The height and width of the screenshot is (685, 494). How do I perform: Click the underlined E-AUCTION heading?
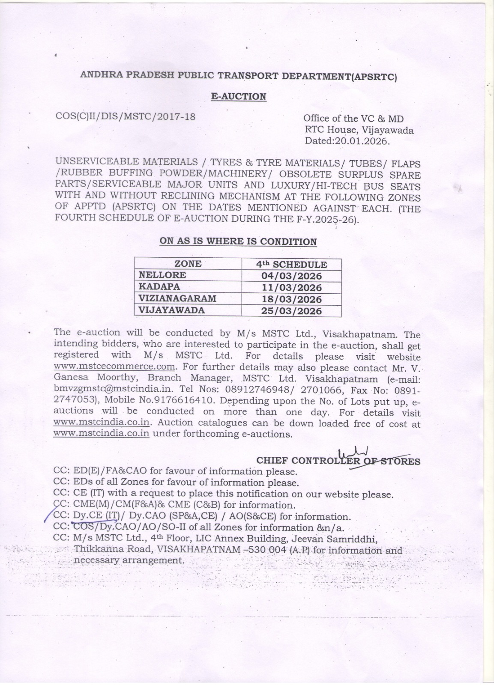click(239, 97)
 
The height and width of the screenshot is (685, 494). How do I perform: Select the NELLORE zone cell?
click(162, 275)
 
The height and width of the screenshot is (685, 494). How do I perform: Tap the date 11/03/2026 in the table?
click(291, 287)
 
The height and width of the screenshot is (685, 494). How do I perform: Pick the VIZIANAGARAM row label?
click(177, 298)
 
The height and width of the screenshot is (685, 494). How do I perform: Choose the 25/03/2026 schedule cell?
click(291, 311)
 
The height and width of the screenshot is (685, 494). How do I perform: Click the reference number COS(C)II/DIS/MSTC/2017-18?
click(126, 116)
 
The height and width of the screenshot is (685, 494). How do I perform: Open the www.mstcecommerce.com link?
click(115, 367)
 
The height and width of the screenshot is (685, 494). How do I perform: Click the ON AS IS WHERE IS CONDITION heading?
click(238, 241)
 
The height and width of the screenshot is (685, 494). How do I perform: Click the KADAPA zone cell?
click(159, 287)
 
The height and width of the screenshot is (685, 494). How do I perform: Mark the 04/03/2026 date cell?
click(291, 276)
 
